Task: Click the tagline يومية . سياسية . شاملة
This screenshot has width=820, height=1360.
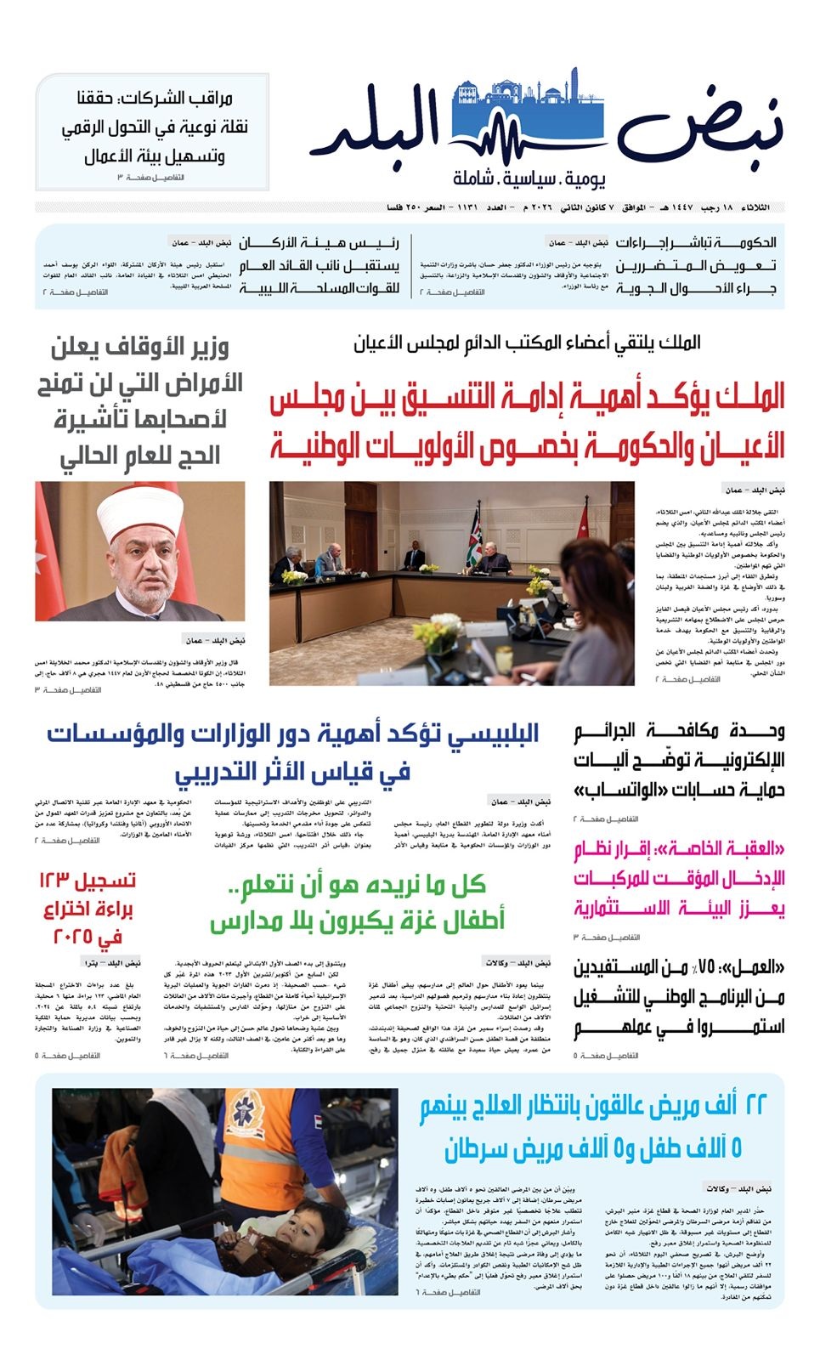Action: click(529, 179)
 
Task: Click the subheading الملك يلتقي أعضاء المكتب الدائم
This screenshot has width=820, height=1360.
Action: click(527, 343)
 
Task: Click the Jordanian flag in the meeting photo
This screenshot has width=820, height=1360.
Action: click(473, 535)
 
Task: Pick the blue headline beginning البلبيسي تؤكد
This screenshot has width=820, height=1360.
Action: click(293, 751)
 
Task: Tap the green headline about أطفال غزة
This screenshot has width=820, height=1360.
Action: click(358, 904)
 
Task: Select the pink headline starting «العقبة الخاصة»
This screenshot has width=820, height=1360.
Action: click(678, 878)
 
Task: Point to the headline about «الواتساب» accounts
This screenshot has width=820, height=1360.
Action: click(678, 760)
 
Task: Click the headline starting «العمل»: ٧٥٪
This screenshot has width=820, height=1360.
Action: click(678, 996)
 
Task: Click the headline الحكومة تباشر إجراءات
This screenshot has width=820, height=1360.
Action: click(695, 265)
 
